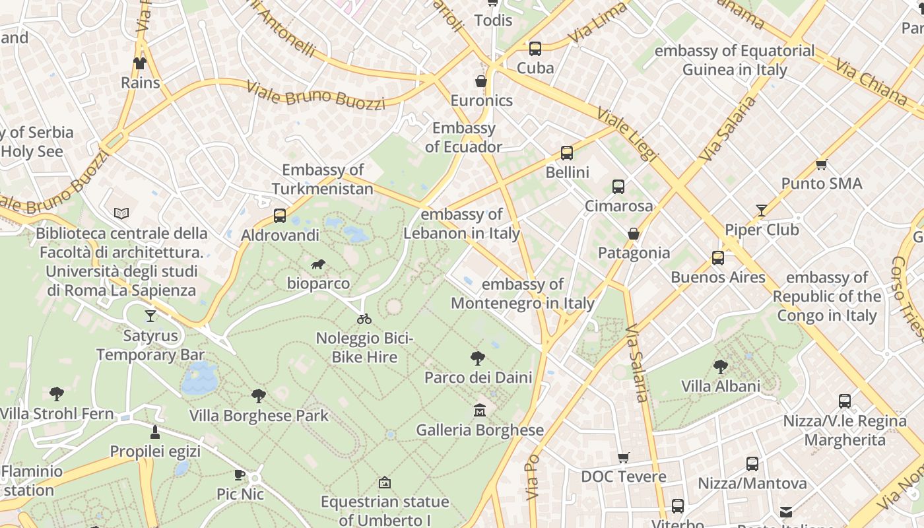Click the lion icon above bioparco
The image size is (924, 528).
[317, 265]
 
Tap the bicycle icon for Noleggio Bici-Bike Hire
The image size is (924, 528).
[364, 319]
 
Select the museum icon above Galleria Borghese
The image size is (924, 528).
[480, 411]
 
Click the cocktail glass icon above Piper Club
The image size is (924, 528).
[762, 211]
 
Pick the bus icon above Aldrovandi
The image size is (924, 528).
[280, 216]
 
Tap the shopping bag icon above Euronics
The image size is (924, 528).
[481, 81]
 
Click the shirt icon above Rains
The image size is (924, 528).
[140, 63]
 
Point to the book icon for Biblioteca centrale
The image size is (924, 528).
[121, 213]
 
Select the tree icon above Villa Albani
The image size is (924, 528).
[721, 366]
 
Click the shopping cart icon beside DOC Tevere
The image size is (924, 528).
[623, 457]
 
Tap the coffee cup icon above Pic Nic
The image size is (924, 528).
[240, 475]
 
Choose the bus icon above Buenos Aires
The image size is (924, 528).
[718, 258]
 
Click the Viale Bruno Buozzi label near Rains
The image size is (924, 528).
[315, 95]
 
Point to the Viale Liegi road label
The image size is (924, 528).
[628, 135]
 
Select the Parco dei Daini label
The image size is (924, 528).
[478, 378]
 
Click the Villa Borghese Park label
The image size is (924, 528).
[259, 416]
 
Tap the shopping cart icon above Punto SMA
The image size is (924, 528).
[821, 164]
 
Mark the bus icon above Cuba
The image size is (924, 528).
[535, 49]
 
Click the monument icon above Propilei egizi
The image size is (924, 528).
[155, 432]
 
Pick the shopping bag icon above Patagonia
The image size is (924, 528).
[634, 234]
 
